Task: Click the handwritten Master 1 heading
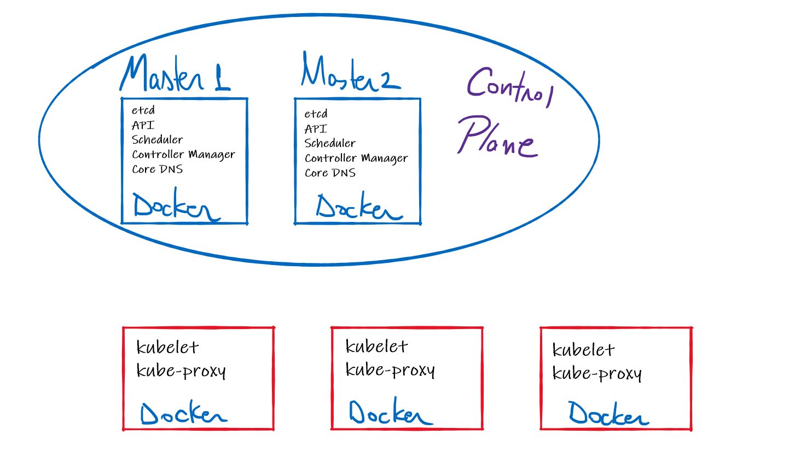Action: coord(175,74)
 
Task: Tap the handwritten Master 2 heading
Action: coord(350,72)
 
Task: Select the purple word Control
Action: coord(510,87)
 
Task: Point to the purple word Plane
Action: coord(497,137)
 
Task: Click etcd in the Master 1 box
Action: coord(143,110)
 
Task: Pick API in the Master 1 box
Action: coord(143,125)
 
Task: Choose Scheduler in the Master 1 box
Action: coord(157,140)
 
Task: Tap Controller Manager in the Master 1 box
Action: coord(183,155)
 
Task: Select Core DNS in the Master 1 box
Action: coord(157,169)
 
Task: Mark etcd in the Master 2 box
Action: coord(316,114)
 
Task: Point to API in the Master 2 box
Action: coord(316,129)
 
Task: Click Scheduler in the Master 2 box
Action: coord(330,144)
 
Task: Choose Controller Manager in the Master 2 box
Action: coord(356,159)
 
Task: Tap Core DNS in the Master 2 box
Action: coord(330,173)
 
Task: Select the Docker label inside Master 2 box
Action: coord(358,207)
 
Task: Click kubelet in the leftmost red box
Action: coord(167,348)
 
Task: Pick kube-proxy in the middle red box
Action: coord(390,371)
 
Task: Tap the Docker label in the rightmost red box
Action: coord(608,414)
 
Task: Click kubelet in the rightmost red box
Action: coord(583,350)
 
